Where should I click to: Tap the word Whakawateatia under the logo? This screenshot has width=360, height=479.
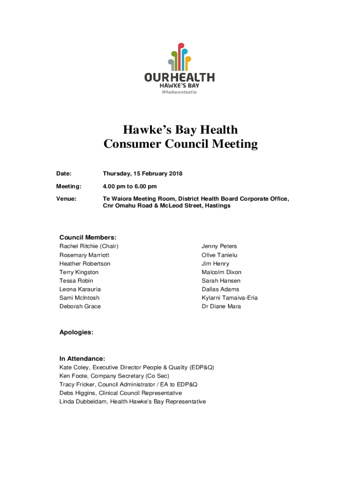180,92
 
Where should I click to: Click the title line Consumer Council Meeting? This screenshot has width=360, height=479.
180,144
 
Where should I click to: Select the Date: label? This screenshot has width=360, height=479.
64,174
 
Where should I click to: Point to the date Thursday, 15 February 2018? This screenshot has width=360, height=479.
143,174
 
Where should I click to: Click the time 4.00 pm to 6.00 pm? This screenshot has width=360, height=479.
130,187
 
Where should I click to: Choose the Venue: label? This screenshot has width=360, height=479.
66,199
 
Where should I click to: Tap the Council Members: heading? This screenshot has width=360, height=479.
88,238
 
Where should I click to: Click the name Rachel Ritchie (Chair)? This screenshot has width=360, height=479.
89,246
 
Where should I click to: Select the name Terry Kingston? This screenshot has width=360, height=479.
79,272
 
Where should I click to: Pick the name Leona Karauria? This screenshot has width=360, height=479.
80,289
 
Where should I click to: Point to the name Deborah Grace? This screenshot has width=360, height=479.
80,306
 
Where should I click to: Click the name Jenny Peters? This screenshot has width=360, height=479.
219,246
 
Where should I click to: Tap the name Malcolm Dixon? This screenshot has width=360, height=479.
222,272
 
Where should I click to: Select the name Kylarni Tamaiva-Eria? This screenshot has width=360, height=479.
230,298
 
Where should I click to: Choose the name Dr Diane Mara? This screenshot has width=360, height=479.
221,306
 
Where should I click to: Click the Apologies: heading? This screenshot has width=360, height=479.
76,332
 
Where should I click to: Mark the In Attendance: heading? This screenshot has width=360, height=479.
82,359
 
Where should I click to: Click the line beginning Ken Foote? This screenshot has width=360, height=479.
114,376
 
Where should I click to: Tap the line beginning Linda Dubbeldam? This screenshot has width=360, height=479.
132,402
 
